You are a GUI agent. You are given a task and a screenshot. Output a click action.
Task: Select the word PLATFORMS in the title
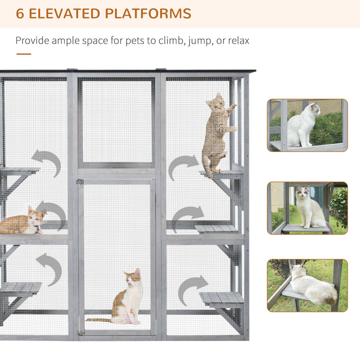coord(148,13)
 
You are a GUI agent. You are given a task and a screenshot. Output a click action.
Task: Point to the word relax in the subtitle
coord(234,40)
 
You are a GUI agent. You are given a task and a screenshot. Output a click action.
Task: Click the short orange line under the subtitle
coord(23,54)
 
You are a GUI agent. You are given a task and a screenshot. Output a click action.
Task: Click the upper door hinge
coord(79,182)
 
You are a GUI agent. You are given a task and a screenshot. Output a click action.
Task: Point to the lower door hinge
coord(81,332)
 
